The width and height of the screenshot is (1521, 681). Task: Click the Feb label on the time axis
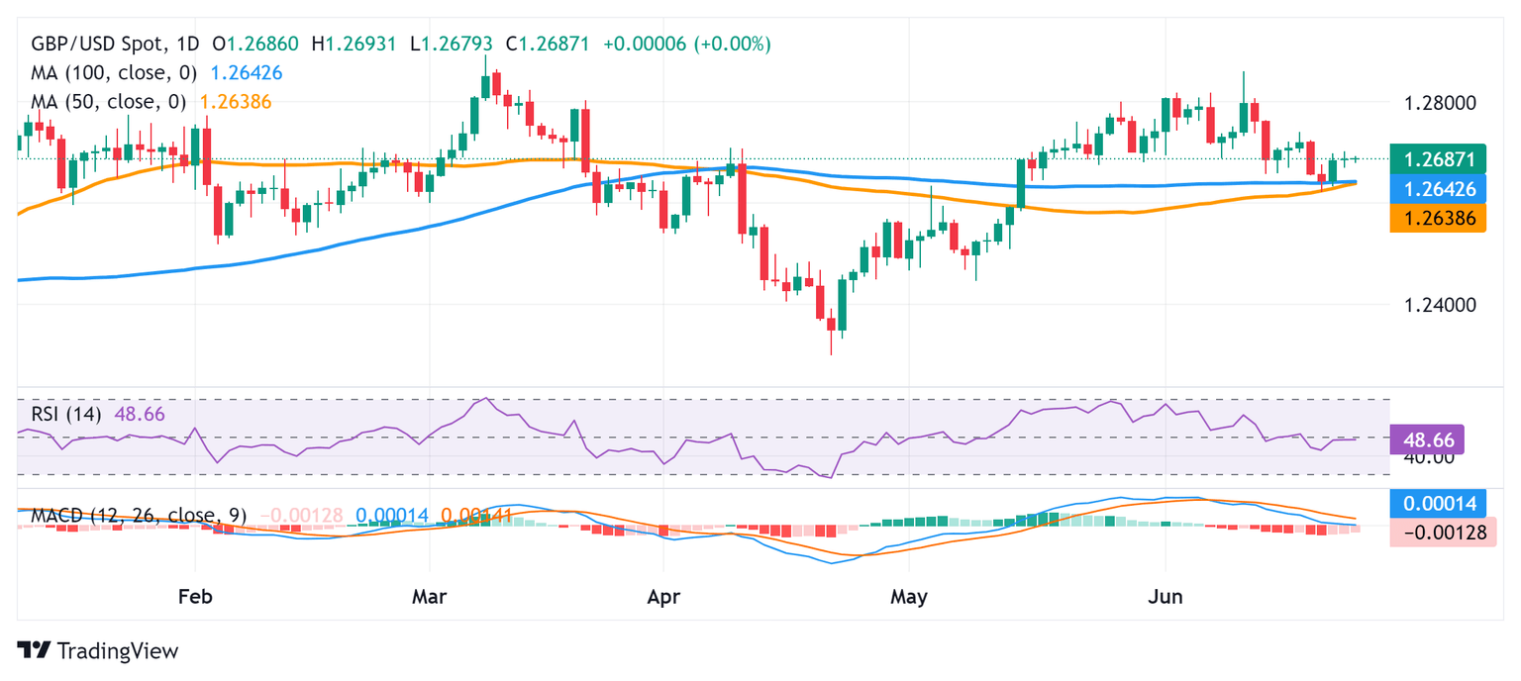[194, 597]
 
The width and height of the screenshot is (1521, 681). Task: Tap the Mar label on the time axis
[430, 597]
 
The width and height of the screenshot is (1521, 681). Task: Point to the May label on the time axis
[908, 597]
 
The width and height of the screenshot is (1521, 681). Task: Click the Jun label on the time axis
[1165, 597]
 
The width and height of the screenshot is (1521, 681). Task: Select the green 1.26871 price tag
[1437, 158]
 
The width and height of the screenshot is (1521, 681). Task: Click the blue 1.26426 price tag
[1437, 188]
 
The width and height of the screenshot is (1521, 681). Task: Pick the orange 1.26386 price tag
[1437, 218]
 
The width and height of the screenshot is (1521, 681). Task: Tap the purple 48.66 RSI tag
[1427, 438]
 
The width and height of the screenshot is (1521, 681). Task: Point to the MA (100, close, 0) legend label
[114, 72]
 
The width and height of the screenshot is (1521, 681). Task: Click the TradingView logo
[98, 650]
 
